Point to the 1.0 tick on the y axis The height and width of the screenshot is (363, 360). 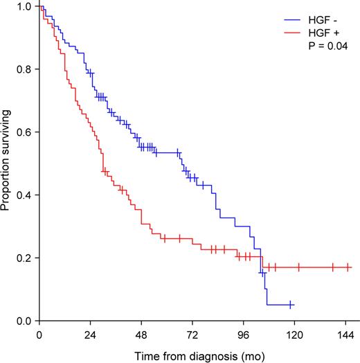point(24,6)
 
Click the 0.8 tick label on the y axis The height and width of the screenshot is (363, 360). point(24,69)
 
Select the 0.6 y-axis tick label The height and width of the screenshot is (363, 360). point(24,132)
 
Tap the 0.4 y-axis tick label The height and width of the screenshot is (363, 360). point(24,195)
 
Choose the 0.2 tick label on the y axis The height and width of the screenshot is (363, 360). point(24,258)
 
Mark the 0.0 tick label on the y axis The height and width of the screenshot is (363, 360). point(24,321)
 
